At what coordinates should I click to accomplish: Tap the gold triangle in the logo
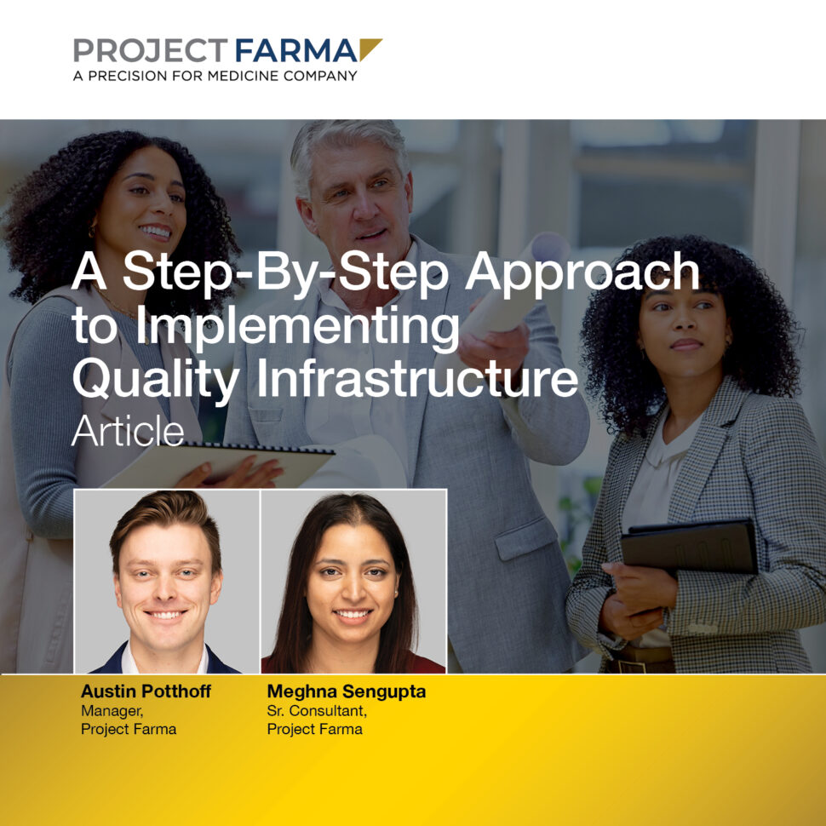coord(369,49)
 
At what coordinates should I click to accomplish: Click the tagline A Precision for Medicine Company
coord(215,76)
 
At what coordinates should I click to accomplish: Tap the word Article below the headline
coord(128,432)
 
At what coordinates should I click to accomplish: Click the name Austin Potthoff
coord(146,692)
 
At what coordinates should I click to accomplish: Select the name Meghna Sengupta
coord(346,692)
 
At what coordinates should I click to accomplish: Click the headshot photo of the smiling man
coord(167,582)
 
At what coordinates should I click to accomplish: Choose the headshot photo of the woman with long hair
coord(353,582)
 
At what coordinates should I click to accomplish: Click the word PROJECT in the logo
coord(150,51)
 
